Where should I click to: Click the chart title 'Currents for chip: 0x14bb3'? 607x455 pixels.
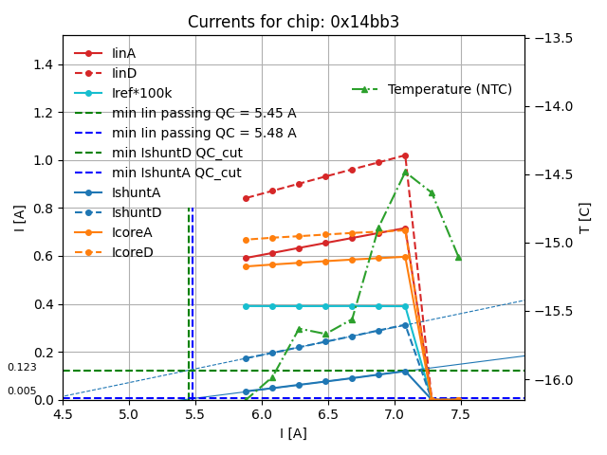pyautogui.click(x=293, y=22)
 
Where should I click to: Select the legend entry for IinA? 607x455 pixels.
pyautogui.click(x=124, y=53)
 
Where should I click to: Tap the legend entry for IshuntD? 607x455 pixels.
pyautogui.click(x=137, y=212)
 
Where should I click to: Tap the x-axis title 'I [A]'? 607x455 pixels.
pyautogui.click(x=293, y=433)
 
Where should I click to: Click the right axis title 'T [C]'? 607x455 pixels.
pyautogui.click(x=585, y=217)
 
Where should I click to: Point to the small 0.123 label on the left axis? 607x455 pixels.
pyautogui.click(x=22, y=367)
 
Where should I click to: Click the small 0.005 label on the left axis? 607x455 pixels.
pyautogui.click(x=22, y=391)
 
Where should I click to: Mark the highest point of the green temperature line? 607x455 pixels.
pyautogui.click(x=405, y=172)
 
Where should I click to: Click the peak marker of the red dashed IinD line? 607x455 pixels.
pyautogui.click(x=405, y=155)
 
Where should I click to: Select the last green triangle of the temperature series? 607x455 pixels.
pyautogui.click(x=458, y=256)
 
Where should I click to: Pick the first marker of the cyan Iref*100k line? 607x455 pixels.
pyautogui.click(x=246, y=306)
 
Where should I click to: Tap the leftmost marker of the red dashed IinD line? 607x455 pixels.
pyautogui.click(x=246, y=198)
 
